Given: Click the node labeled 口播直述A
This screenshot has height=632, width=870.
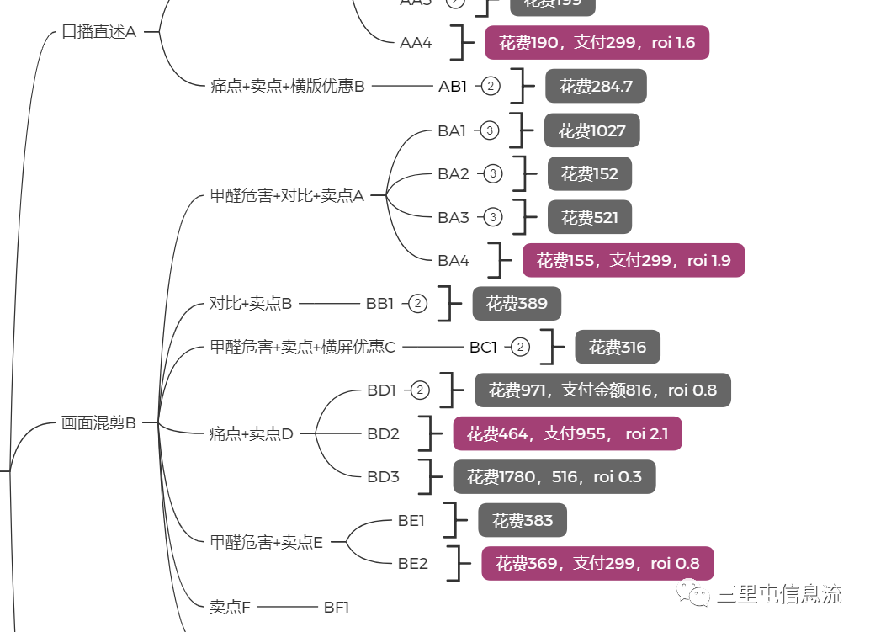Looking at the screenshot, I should (98, 32).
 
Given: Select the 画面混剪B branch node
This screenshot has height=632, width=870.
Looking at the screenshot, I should (98, 423).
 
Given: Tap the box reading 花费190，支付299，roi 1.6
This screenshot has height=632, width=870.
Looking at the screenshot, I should (597, 43).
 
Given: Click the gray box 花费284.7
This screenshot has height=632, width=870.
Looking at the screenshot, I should (596, 86).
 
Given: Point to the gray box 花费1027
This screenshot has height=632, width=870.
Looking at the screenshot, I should (591, 130).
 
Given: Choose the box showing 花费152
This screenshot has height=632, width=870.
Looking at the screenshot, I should (589, 174).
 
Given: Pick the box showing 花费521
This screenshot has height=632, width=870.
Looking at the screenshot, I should (589, 218).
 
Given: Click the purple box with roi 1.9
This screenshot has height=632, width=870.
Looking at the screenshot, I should (633, 261).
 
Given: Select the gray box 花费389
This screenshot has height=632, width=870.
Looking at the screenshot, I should (516, 304).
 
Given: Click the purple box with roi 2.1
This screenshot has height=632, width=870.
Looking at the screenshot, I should (567, 433).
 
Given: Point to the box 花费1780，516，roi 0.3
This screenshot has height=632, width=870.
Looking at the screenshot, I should (554, 477).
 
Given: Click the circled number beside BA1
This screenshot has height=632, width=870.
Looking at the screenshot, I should (491, 130).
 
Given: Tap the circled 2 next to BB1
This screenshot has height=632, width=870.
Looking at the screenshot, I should (418, 304).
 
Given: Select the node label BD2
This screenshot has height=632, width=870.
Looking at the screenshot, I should (383, 434).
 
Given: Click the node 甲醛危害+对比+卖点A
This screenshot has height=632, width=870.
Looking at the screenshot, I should (286, 196).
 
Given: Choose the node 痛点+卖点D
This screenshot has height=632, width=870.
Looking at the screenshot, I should (251, 434).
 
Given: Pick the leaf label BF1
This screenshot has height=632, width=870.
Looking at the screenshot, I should (336, 606).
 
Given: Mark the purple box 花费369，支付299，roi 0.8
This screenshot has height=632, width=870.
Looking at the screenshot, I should (597, 563).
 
